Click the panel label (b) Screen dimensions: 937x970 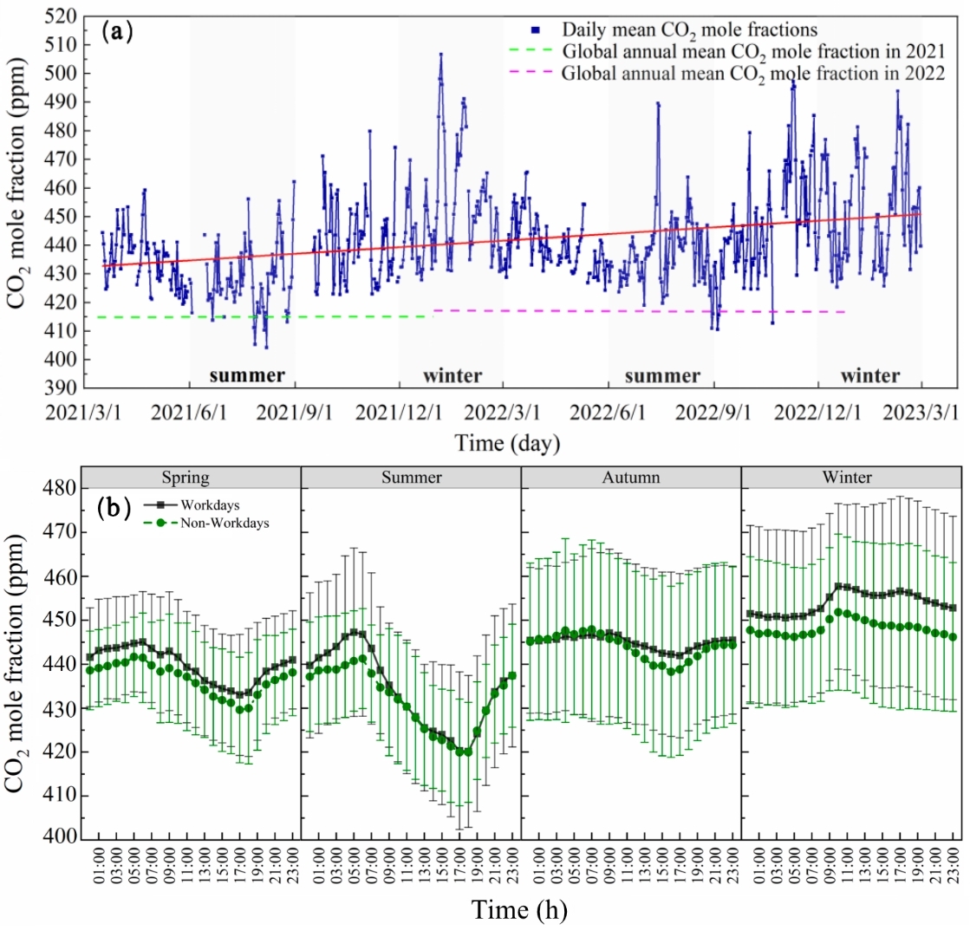115,506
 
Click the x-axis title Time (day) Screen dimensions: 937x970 507,444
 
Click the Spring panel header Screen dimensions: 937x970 191,477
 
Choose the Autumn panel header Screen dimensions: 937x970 631,477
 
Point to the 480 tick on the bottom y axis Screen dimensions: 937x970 59,488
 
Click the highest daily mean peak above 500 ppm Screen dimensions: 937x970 440,55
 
